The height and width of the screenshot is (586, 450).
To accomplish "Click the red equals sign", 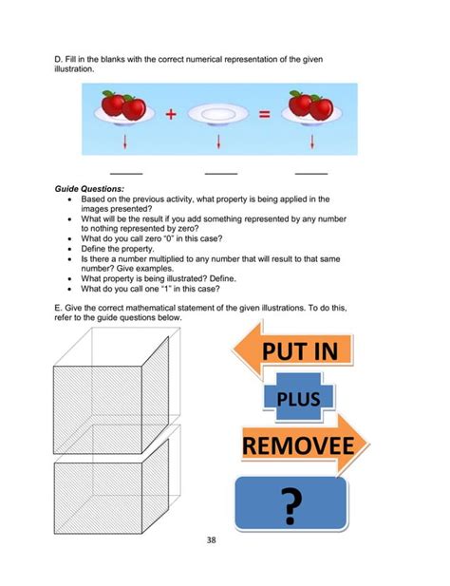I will tap(265, 115).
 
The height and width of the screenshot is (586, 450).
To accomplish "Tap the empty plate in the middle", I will tap(218, 115).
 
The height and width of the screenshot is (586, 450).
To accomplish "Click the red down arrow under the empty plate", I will tap(219, 142).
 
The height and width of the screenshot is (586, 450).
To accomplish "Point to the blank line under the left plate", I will tap(126, 174).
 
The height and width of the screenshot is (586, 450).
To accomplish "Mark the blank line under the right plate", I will tap(311, 174).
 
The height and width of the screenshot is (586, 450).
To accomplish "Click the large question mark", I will tap(290, 505).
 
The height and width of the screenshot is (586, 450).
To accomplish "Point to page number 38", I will tap(225, 541).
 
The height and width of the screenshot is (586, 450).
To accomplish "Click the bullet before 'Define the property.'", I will tap(71, 247).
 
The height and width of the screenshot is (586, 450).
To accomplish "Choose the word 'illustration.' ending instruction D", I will tap(75, 69).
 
